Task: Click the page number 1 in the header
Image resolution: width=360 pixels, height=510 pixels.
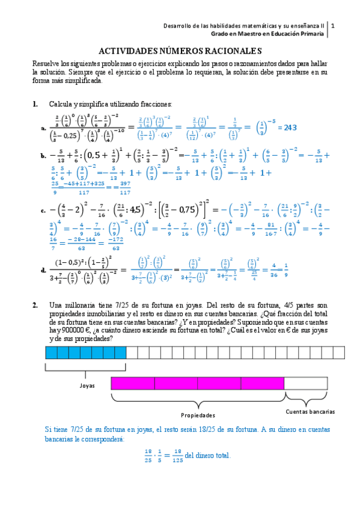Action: [x=333, y=26]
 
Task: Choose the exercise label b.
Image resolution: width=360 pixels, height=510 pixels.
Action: [x=43, y=155]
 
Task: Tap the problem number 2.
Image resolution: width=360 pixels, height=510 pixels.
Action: [x=36, y=306]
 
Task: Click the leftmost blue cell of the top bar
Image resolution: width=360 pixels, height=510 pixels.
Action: [x=51, y=352]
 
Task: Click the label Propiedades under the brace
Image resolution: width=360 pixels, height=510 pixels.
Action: [x=198, y=415]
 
